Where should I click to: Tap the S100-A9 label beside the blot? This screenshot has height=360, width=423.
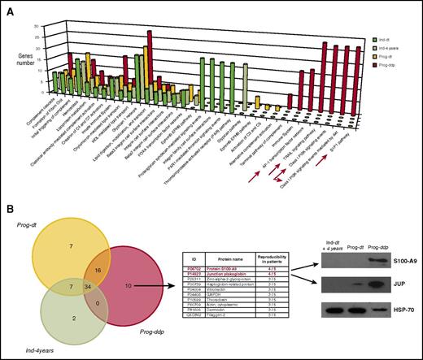(x=400, y=284)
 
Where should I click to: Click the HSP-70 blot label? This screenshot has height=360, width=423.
(x=401, y=334)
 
